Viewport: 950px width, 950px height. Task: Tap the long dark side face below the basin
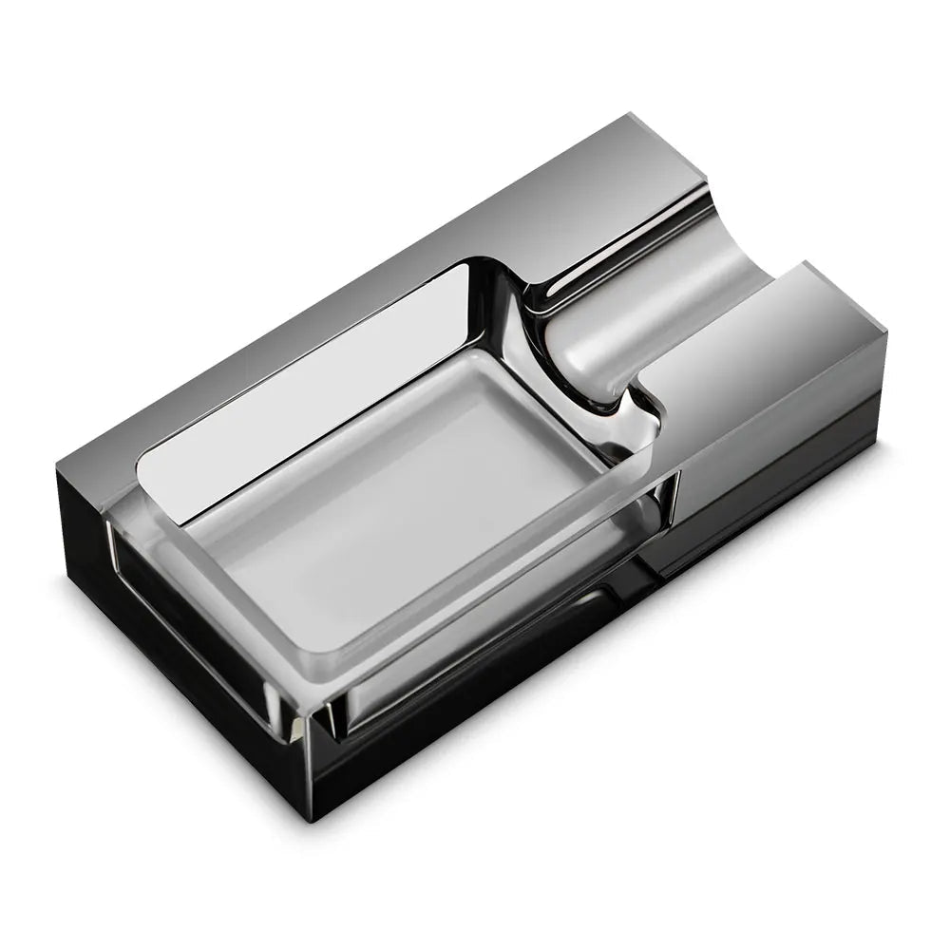pos(608,665)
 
